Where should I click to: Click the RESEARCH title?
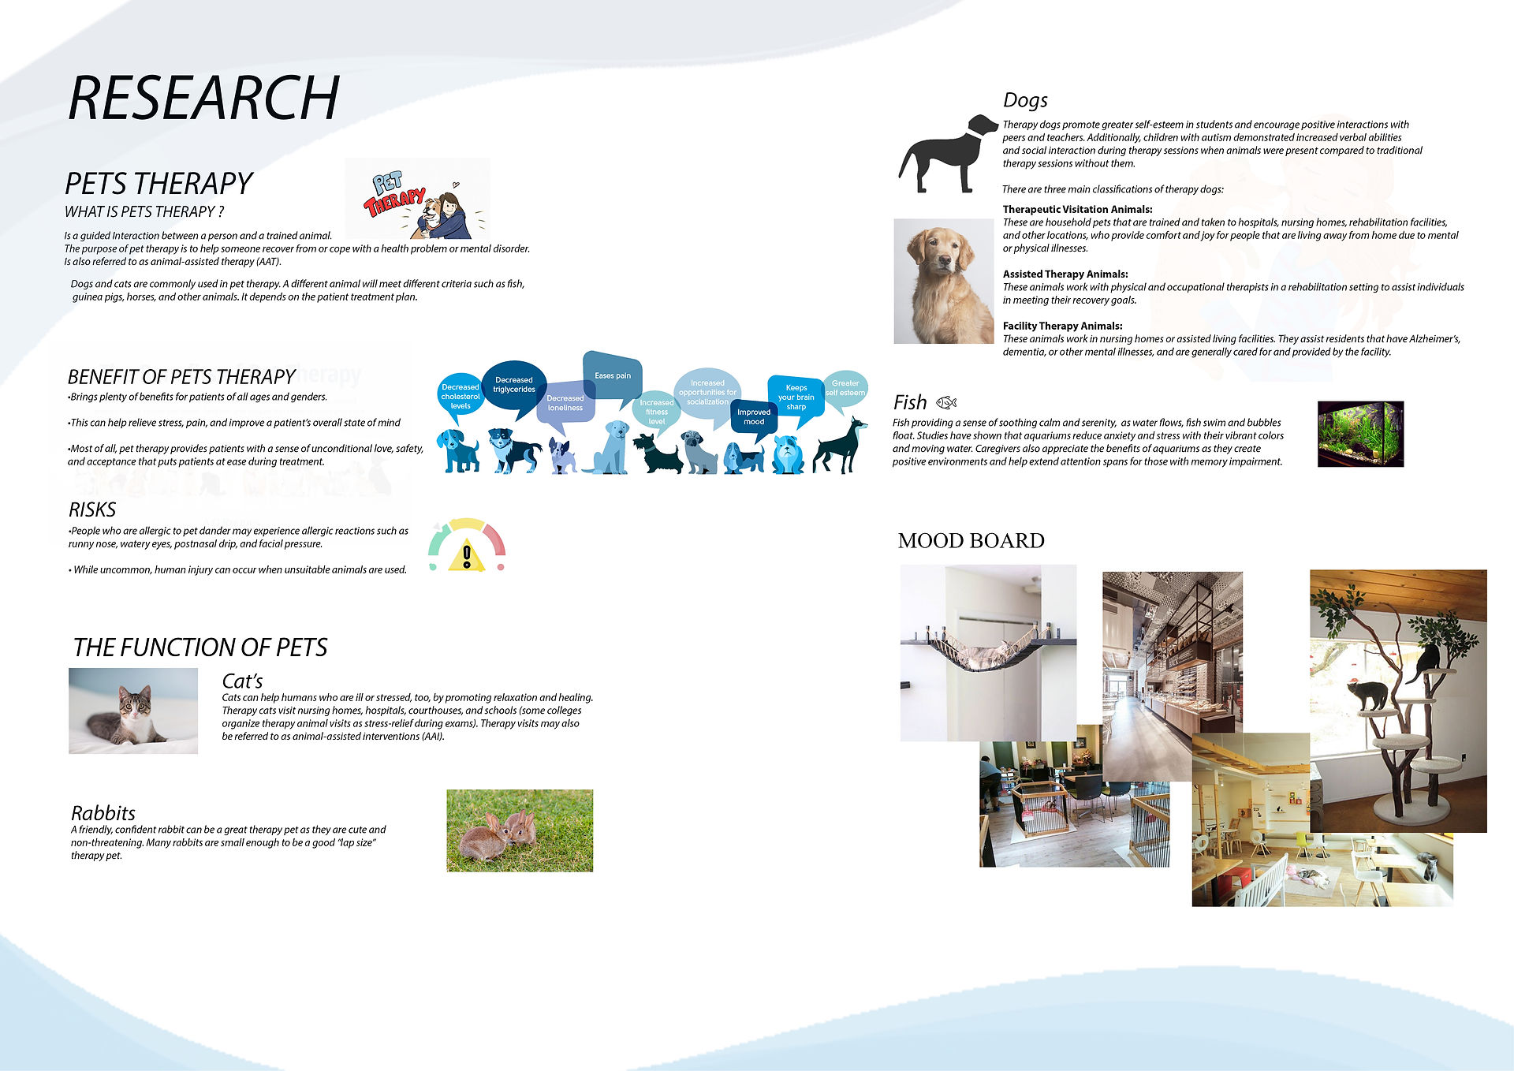(203, 98)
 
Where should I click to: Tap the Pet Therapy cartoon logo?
(417, 199)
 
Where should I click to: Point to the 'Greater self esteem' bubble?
(845, 389)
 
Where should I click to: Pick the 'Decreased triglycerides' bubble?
(514, 385)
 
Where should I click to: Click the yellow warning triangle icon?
(467, 556)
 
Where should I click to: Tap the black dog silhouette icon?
(948, 154)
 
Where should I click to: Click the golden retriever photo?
(944, 282)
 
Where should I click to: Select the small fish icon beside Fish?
(946, 402)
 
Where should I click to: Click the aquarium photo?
(1360, 434)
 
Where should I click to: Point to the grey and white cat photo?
(133, 711)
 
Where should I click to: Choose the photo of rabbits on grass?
(520, 830)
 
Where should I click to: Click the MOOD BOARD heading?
(971, 541)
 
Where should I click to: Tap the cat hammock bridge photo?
(988, 652)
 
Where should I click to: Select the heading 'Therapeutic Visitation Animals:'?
(1077, 210)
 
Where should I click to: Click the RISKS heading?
(92, 510)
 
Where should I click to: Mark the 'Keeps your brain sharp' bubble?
(796, 397)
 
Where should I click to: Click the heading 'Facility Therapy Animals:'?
(1062, 326)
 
